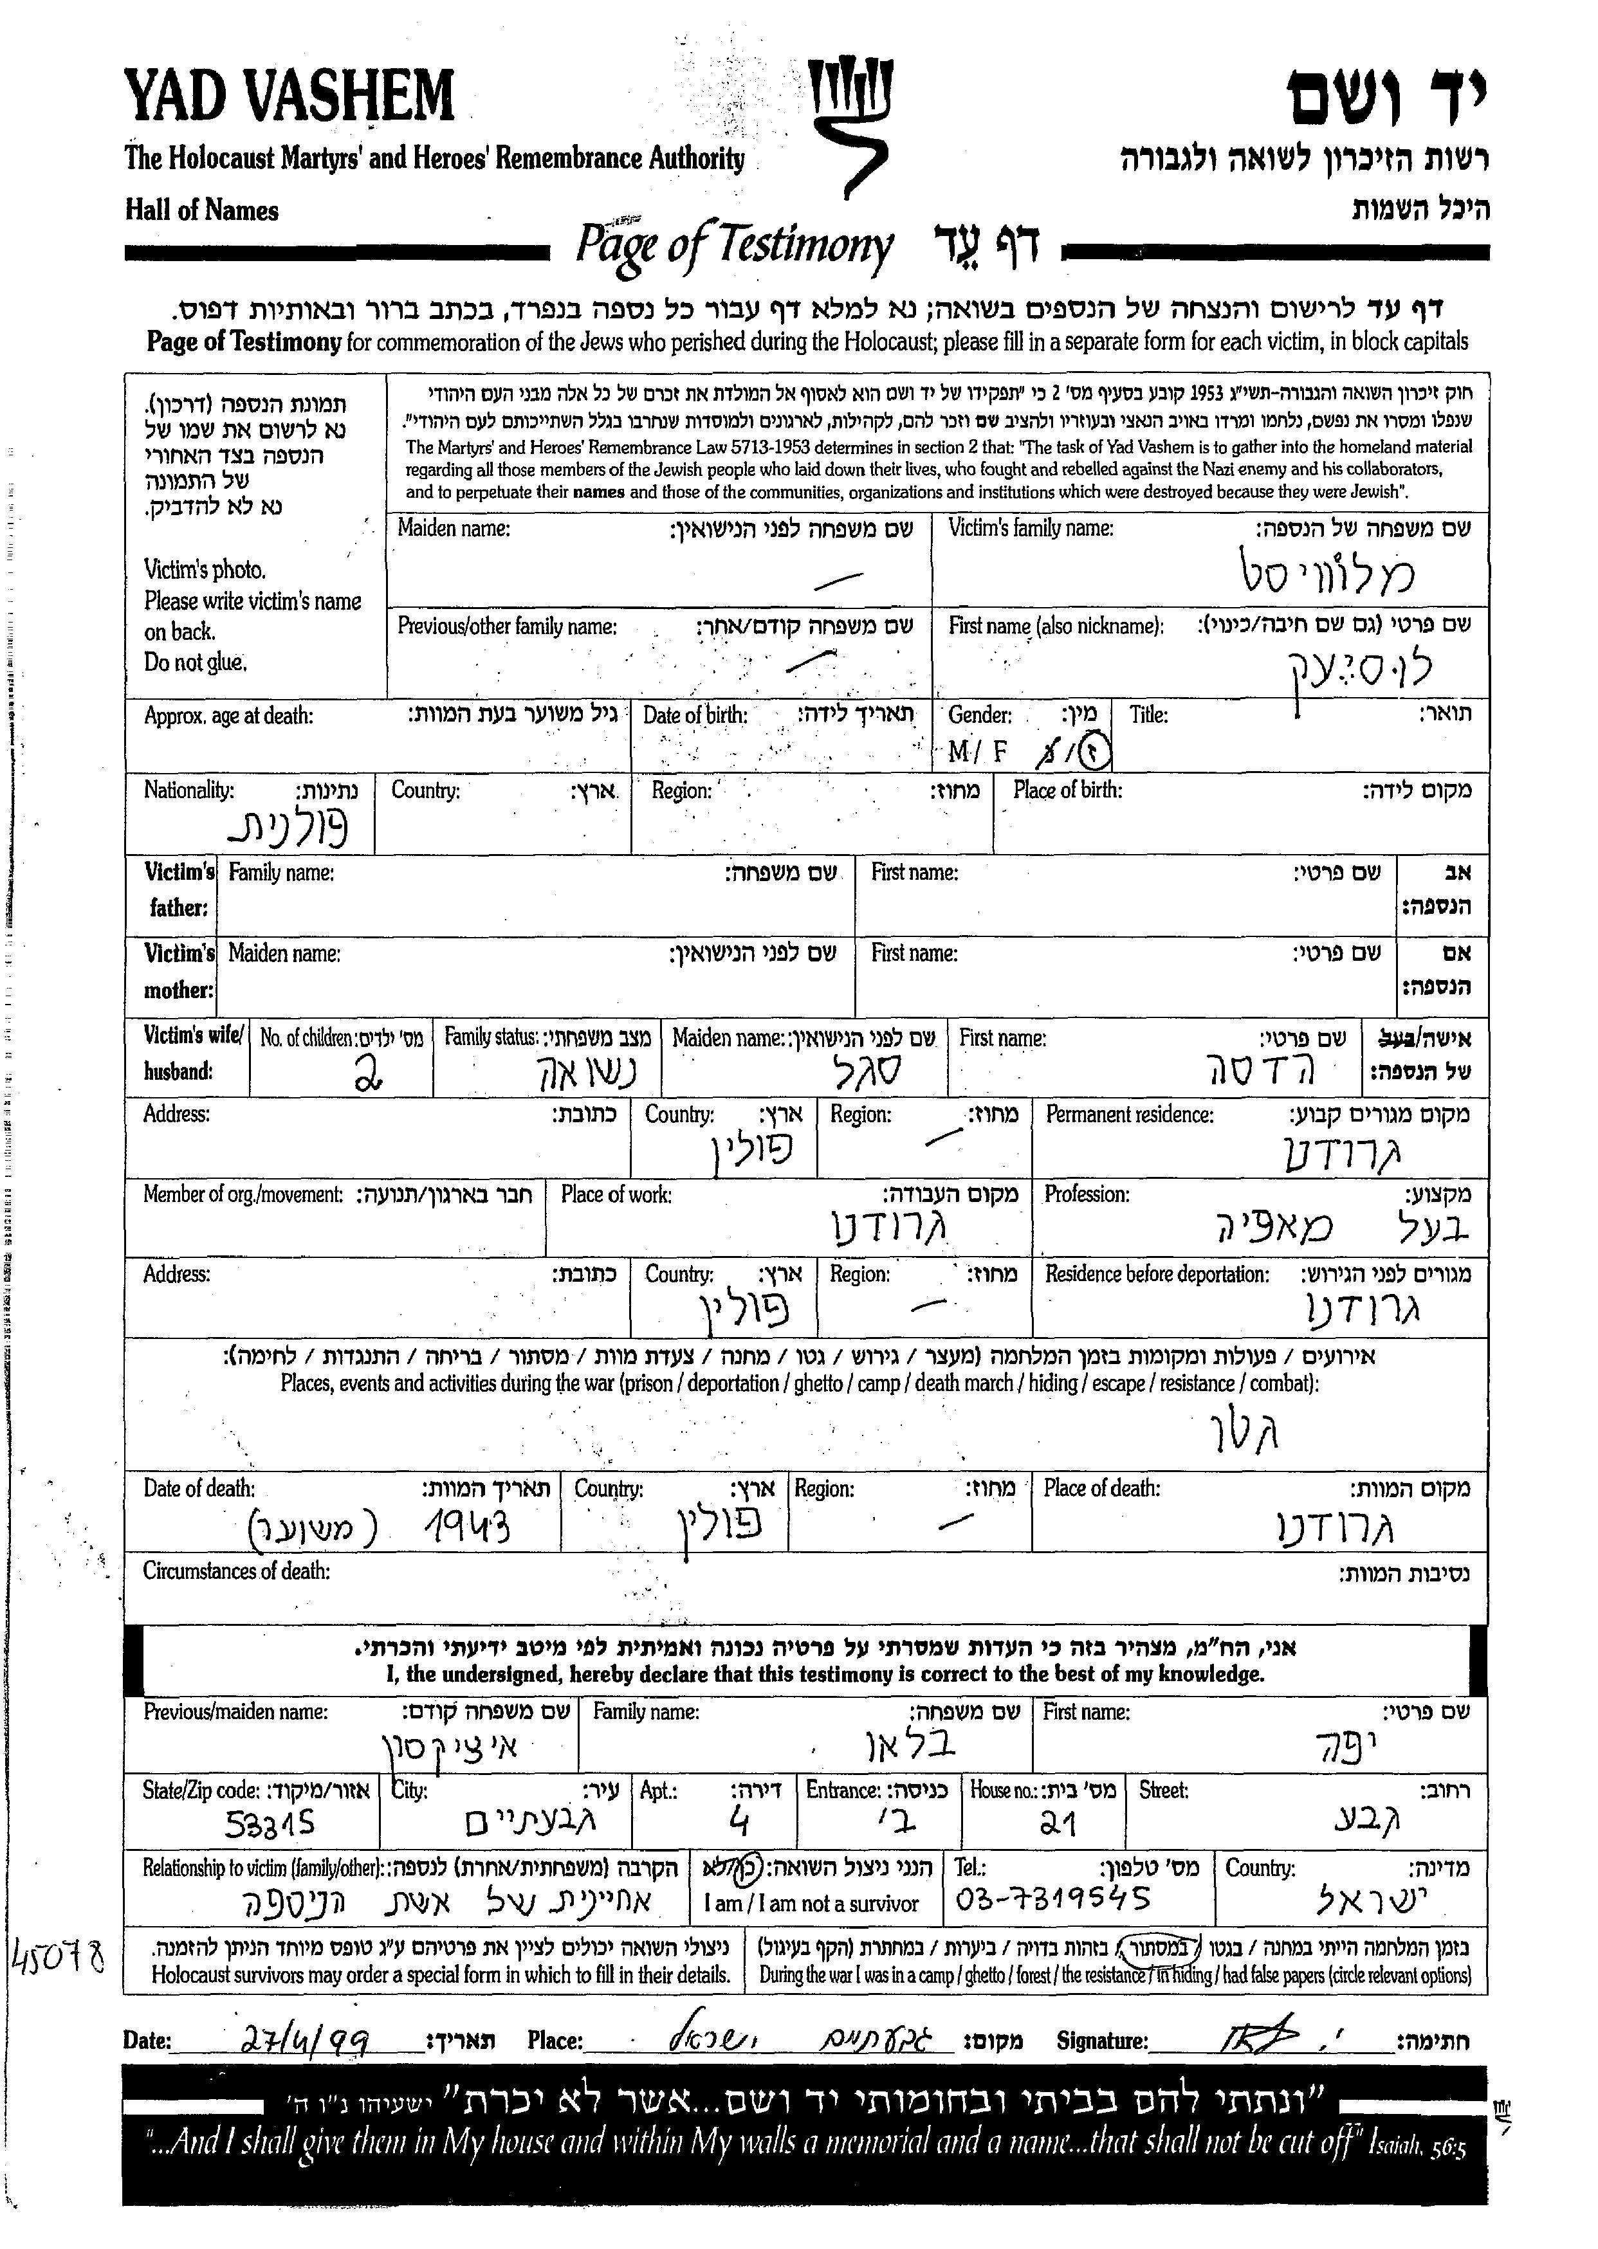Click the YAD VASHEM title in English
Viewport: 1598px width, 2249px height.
289,96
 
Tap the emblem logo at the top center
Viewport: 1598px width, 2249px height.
848,126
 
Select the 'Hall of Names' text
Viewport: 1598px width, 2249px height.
202,210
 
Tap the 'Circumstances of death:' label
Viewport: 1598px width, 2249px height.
236,1571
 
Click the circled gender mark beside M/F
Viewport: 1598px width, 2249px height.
1093,754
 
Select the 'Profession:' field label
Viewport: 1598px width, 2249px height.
1087,1194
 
